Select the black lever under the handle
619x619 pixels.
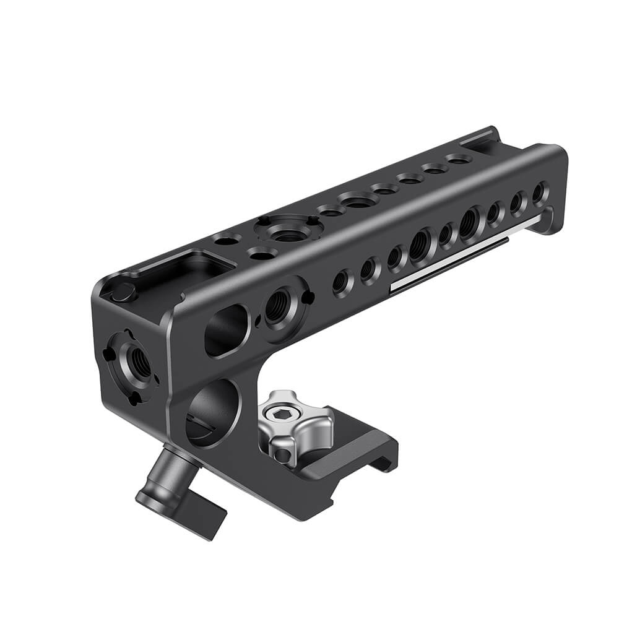(180, 483)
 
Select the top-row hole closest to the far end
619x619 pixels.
(458, 160)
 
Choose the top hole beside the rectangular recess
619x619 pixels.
(225, 238)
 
